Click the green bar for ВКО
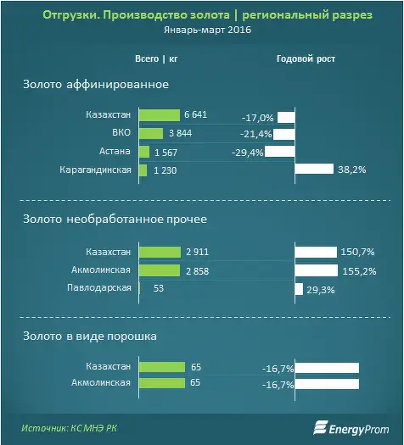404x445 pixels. [x=151, y=133]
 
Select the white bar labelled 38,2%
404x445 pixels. [x=314, y=169]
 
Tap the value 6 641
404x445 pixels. [x=195, y=114]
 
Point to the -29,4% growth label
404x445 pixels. [x=248, y=153]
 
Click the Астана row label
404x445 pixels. [x=115, y=151]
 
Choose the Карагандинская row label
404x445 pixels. [x=95, y=170]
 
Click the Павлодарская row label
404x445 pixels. [x=99, y=288]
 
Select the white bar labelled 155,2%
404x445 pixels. [x=317, y=270]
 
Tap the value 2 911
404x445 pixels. [x=198, y=252]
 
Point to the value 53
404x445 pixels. [x=159, y=288]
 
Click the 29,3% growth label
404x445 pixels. [x=321, y=290]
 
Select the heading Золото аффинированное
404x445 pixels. [x=96, y=84]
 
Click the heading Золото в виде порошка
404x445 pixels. [x=90, y=336]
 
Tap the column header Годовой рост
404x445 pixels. [x=306, y=58]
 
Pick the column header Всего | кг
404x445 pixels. [x=156, y=58]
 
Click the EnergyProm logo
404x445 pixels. [x=351, y=428]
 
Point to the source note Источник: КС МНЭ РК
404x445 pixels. [x=69, y=428]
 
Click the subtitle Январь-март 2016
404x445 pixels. [x=208, y=30]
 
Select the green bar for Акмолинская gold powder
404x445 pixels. [x=162, y=383]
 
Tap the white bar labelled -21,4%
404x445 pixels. [x=284, y=135]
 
